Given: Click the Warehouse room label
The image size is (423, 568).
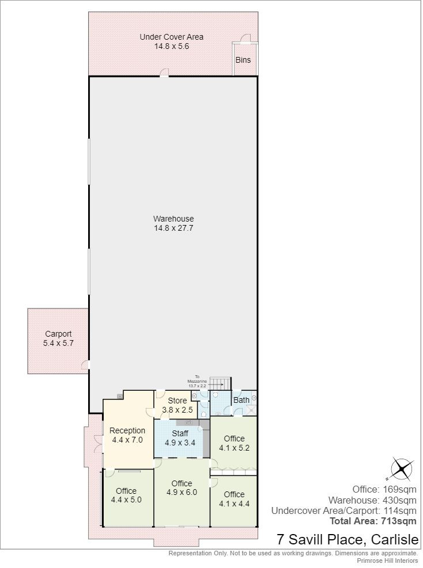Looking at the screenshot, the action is (x=173, y=219).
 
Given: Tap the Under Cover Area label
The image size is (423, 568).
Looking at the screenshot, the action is (x=172, y=37).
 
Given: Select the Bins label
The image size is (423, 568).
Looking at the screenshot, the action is (x=243, y=60).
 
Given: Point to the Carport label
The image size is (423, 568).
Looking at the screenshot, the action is (x=58, y=334).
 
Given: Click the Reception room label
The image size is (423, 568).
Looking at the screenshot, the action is (x=127, y=430).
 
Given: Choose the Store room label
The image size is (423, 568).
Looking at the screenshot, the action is (x=177, y=401).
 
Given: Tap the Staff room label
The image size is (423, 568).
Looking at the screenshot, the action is (x=180, y=433).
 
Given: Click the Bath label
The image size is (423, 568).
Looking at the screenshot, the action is (x=241, y=401).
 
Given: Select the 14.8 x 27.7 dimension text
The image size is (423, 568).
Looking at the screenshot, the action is (x=173, y=228).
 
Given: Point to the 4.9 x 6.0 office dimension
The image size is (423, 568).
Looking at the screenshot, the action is (x=182, y=493).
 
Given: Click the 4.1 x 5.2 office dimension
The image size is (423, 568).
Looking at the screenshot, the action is (x=235, y=448).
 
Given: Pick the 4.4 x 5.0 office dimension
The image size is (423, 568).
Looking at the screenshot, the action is (x=126, y=500).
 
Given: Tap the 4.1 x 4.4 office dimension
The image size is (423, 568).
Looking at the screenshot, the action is (x=235, y=504).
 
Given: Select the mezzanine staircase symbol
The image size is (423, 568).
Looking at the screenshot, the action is (x=221, y=384).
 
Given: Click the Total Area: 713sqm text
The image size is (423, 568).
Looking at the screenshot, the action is (x=373, y=521).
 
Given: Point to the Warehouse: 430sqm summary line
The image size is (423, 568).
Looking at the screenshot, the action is (x=372, y=500).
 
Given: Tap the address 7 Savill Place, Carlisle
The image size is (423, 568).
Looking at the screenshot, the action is (x=348, y=540).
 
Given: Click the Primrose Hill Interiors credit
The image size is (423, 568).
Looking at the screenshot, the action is (x=387, y=561).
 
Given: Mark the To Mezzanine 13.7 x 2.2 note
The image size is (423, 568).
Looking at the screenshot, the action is (x=197, y=382).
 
